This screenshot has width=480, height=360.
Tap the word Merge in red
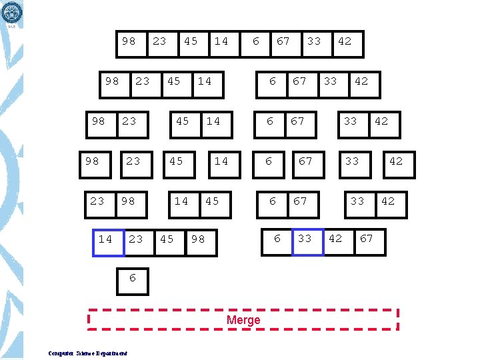click(243, 320)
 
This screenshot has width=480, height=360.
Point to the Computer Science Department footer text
click(88, 353)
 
